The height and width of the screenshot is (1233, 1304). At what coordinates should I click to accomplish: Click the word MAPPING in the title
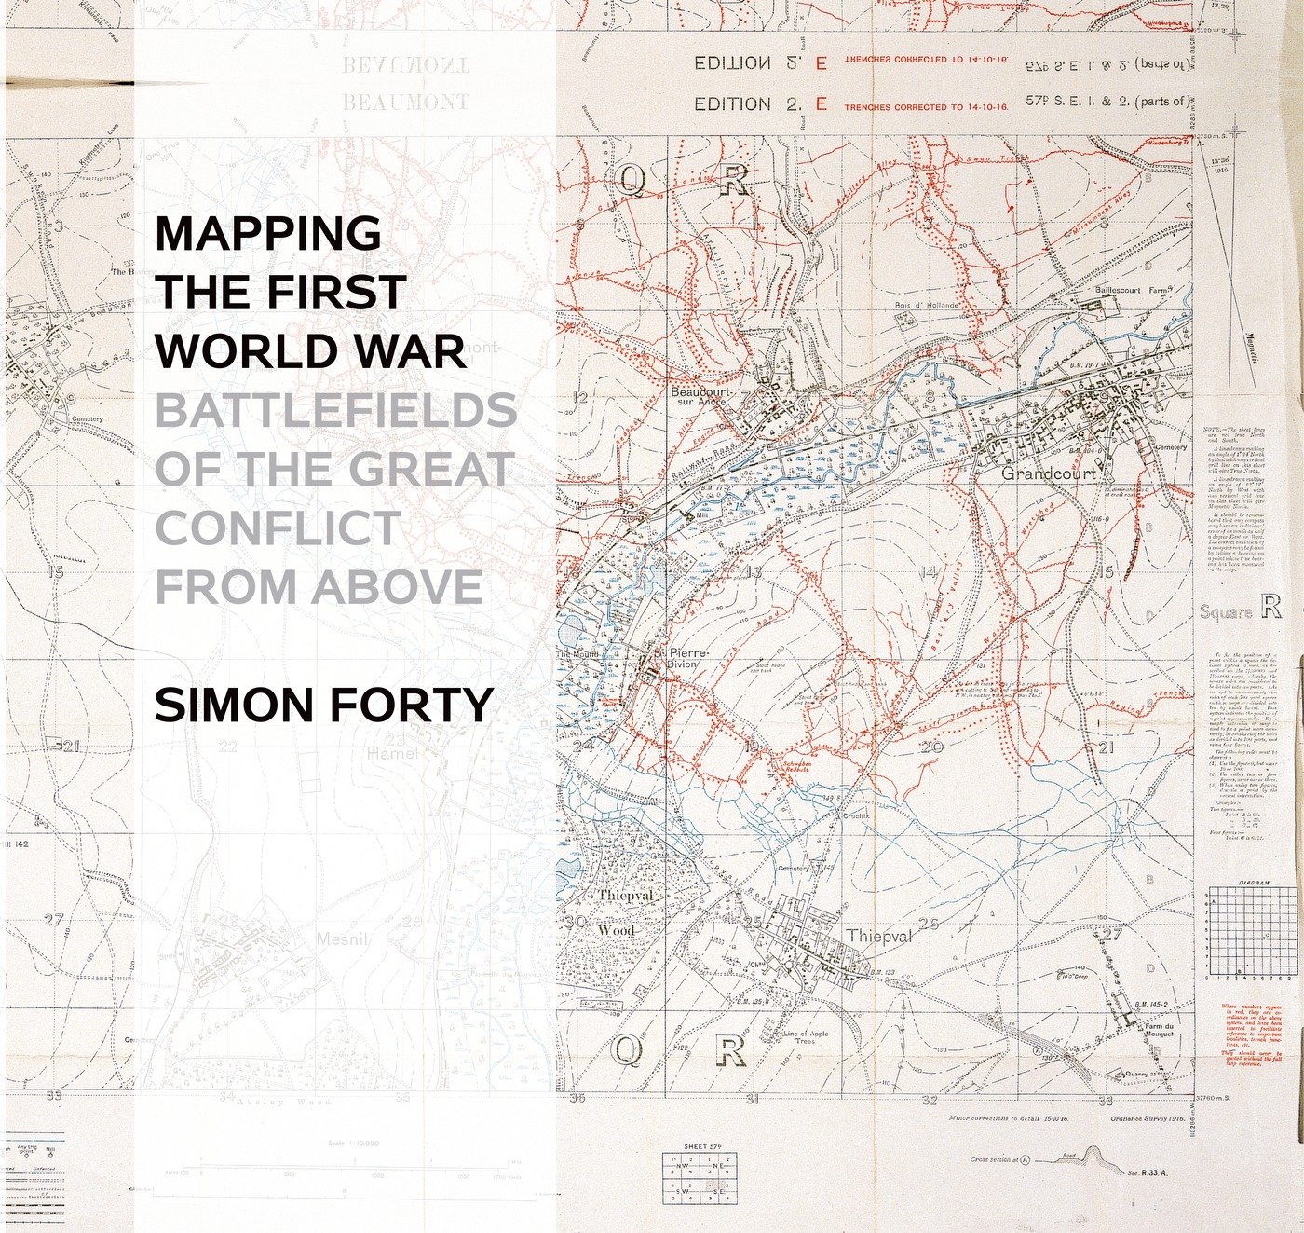(268, 233)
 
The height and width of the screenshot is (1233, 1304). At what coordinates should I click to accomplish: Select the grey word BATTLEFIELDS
(335, 411)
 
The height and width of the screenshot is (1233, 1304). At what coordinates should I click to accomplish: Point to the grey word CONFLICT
(278, 528)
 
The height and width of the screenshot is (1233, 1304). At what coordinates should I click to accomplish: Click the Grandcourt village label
(1048, 473)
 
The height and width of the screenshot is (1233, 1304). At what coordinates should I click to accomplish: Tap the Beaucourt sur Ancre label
(700, 397)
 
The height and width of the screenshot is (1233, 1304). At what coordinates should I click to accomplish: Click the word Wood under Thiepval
(616, 930)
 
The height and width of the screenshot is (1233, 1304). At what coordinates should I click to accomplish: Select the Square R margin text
(1240, 610)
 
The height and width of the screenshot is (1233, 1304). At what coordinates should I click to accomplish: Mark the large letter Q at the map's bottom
(627, 1050)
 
